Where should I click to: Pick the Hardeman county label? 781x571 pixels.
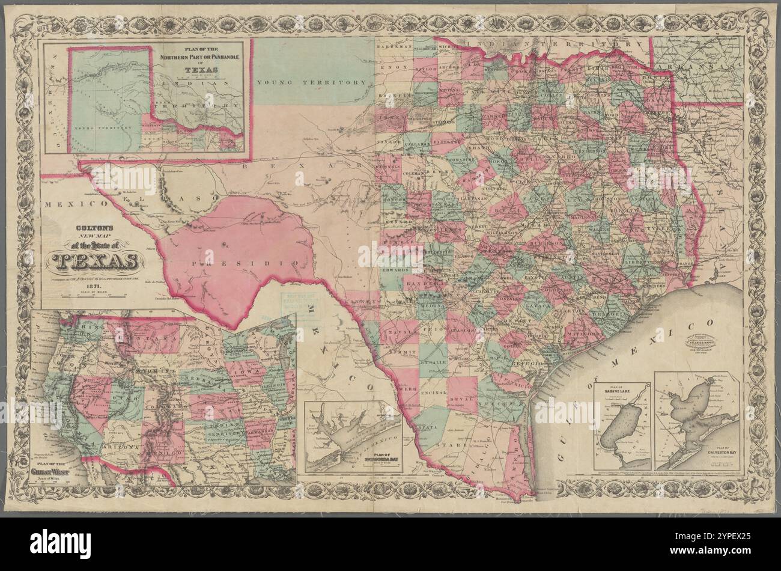point(394,46)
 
